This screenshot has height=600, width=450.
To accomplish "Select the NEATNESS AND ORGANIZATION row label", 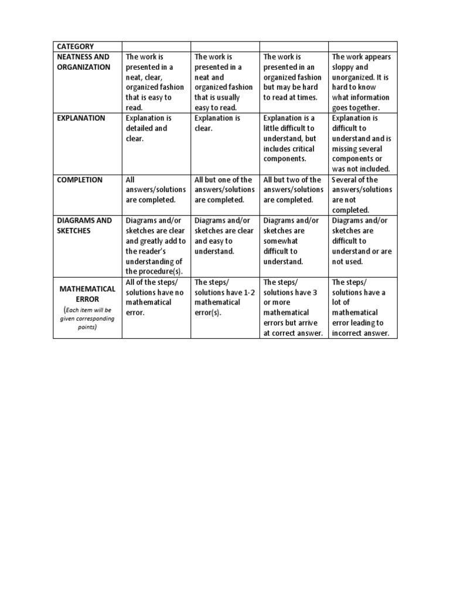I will pyautogui.click(x=83, y=62).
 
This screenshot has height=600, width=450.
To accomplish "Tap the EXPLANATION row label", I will pyautogui.click(x=81, y=118).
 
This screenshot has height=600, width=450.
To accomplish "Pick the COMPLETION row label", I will pyautogui.click(x=80, y=180).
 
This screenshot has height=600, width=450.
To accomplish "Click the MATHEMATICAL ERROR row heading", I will pyautogui.click(x=87, y=294).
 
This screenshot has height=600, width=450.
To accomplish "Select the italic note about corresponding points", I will pyautogui.click(x=87, y=318).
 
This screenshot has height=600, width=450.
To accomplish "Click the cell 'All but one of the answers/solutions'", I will pyautogui.click(x=224, y=189).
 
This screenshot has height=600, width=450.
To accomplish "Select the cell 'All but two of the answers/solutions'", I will pyautogui.click(x=293, y=189).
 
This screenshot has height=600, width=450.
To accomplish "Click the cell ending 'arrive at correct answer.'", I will pyautogui.click(x=293, y=308).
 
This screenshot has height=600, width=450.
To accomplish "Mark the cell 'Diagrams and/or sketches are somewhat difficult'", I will pyautogui.click(x=293, y=241).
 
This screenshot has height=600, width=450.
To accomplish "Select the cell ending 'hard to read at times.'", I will pyautogui.click(x=293, y=77).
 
